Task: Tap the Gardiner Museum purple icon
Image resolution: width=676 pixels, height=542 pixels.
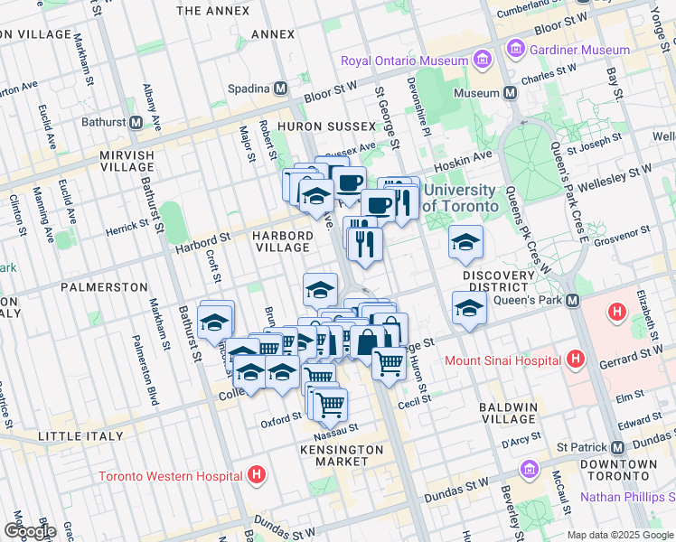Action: click(x=517, y=48)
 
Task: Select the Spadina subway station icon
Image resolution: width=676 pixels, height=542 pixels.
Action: click(x=281, y=89)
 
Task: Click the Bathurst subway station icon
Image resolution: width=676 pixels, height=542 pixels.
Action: click(x=136, y=123)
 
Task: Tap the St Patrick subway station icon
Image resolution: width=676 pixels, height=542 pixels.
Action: click(x=618, y=448)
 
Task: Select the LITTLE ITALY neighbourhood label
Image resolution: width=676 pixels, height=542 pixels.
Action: click(x=78, y=436)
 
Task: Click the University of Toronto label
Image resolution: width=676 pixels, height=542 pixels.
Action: click(x=459, y=198)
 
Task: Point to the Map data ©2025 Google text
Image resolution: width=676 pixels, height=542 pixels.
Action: click(x=620, y=535)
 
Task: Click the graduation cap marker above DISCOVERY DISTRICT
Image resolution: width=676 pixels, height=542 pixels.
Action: click(x=465, y=242)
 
